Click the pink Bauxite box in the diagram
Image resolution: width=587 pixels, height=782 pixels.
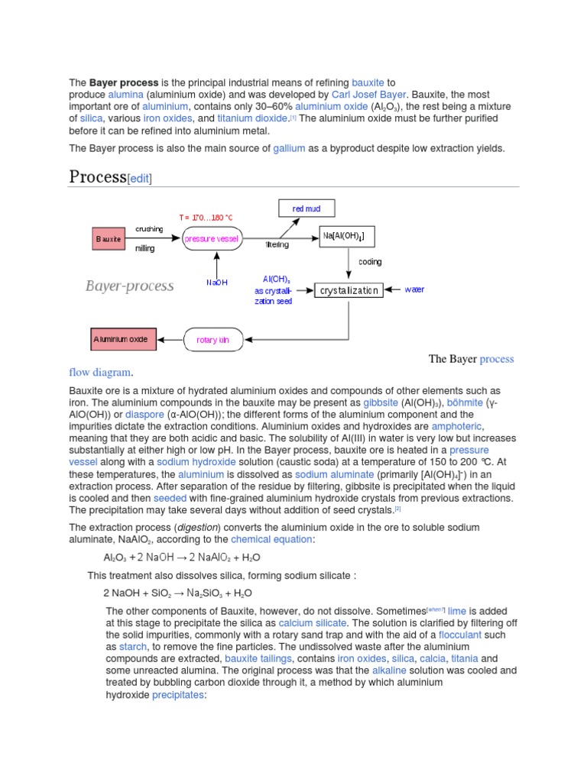109,239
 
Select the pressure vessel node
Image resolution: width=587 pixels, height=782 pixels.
212,239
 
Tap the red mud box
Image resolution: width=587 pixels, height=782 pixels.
305,208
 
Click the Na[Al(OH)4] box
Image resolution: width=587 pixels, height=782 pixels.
349,238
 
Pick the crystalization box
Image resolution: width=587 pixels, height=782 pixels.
349,290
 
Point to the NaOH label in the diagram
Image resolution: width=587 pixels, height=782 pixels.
217,283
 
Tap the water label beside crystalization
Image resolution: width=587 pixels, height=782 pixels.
413,290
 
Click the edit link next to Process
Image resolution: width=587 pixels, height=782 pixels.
139,179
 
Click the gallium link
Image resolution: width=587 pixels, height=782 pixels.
289,148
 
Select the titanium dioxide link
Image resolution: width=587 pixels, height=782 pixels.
251,118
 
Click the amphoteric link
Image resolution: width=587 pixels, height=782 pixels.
457,426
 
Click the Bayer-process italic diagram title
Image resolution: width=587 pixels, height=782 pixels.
129,286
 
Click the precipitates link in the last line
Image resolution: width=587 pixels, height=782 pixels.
178,695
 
